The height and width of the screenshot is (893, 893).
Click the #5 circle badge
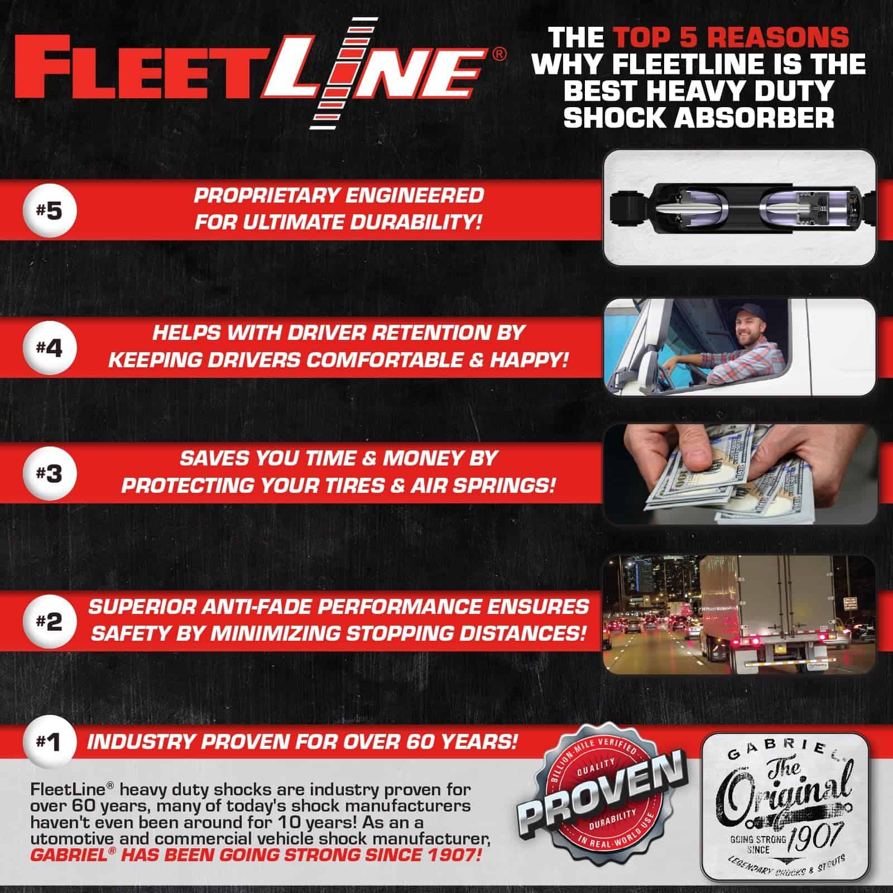(x=50, y=212)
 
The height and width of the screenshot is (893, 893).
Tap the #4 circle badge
(x=50, y=349)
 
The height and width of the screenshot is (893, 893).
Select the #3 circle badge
(x=50, y=474)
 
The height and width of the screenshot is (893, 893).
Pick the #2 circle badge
(x=50, y=621)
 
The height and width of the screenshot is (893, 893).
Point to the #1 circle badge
(x=50, y=742)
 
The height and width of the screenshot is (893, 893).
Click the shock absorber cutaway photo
(x=740, y=208)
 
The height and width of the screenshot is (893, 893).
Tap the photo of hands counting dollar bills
(x=740, y=474)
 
